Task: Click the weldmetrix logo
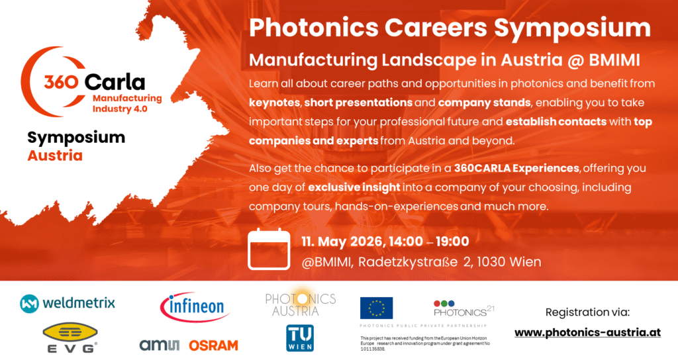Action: pos(68,303)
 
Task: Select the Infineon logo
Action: pos(195,307)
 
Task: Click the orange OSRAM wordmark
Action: pos(214,345)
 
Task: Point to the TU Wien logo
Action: pos(300,338)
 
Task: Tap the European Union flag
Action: pos(376,308)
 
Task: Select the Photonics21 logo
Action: pos(463,308)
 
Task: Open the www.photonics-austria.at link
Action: pos(588,332)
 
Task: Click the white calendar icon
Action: pos(269,249)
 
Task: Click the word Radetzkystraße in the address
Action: pos(408,262)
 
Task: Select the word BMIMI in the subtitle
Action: pos(614,60)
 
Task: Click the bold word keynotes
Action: pos(274,103)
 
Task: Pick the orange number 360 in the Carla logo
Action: pos(61,81)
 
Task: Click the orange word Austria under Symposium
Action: pos(55,156)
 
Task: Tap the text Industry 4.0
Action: pos(120,109)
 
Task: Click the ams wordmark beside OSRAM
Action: pos(159,345)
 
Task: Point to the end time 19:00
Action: pos(452,241)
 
